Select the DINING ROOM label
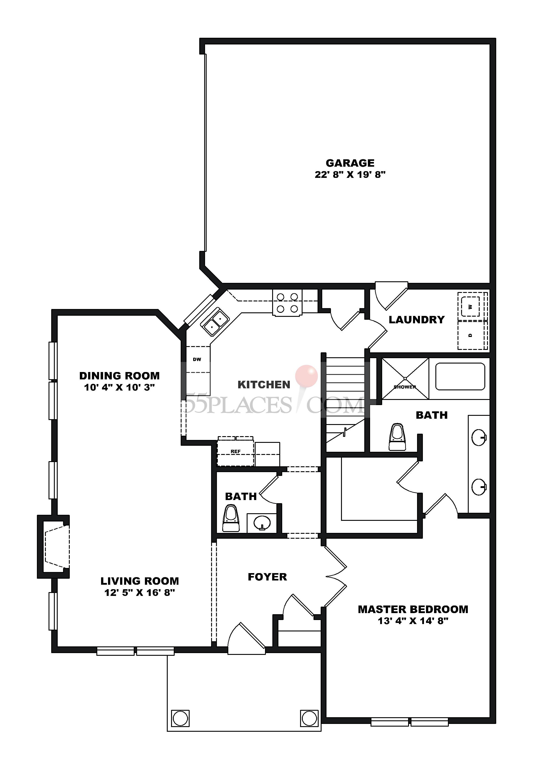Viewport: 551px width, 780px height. coord(119,376)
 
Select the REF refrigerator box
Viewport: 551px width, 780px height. coord(235,452)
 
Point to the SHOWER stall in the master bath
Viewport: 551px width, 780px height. coord(405,379)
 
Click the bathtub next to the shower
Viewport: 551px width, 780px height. coord(460,377)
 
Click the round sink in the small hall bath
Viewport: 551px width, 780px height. coord(262,521)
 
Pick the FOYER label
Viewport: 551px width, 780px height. coord(267,577)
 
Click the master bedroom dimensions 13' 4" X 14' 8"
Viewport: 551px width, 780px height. coord(413,621)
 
